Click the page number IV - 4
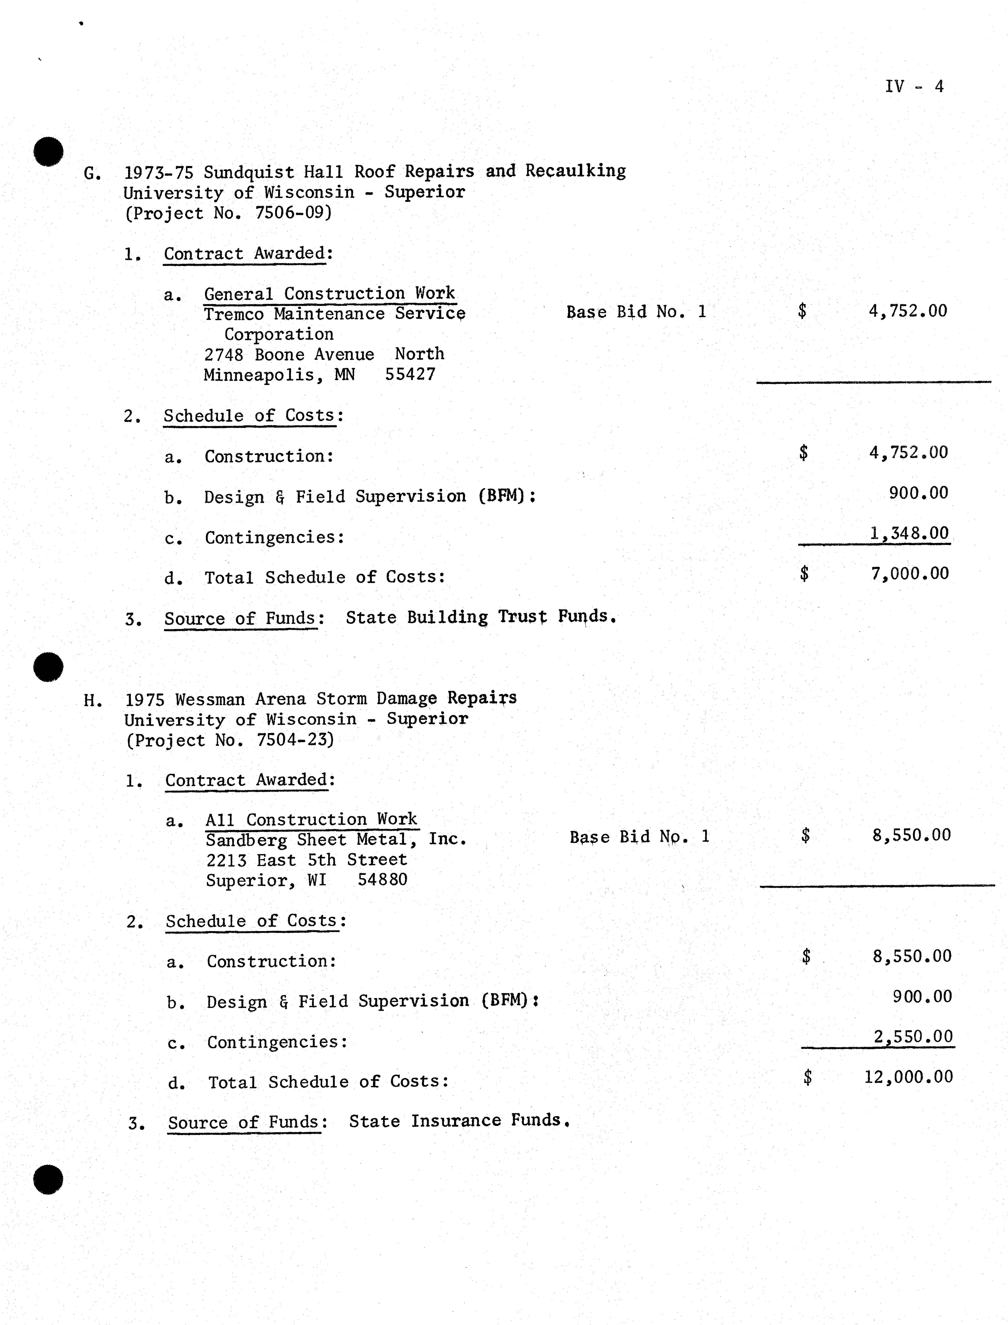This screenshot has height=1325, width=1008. pos(914,86)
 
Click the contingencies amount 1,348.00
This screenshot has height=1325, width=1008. pos(909,533)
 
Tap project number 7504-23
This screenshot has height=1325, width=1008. pos(294,740)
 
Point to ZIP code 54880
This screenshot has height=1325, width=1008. pos(382,880)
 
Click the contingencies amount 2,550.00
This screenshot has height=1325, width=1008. pos(913,1037)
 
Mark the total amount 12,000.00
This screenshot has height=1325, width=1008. pos(908,1077)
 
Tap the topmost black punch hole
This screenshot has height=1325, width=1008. pos(49,151)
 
